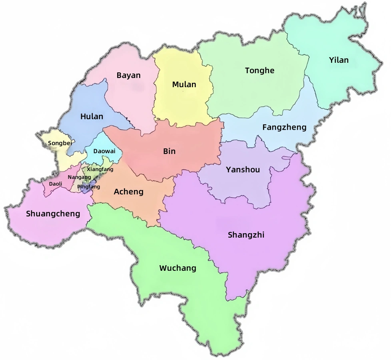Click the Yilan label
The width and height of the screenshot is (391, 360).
coord(339,60)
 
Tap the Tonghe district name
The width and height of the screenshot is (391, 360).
coord(259,71)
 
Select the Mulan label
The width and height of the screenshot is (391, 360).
coord(184,84)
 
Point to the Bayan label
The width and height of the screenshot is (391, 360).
coord(128,75)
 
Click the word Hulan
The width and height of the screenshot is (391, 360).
coord(92,117)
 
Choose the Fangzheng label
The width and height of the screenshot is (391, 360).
coord(284,128)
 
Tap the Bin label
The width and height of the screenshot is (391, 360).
coord(169,152)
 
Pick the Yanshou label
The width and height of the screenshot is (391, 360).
coord(243,170)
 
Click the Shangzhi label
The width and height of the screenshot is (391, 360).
coord(246,235)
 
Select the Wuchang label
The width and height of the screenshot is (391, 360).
coord(178,268)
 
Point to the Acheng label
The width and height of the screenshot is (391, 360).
coord(128,192)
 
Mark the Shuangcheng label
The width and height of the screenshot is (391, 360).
coord(53,214)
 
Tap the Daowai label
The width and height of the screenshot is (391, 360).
coord(104,151)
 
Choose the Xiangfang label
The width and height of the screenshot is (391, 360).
coord(100,169)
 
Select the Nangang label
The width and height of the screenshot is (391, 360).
coord(79,177)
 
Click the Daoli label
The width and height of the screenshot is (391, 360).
coord(56,184)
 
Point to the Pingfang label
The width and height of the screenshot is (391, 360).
coord(88,186)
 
